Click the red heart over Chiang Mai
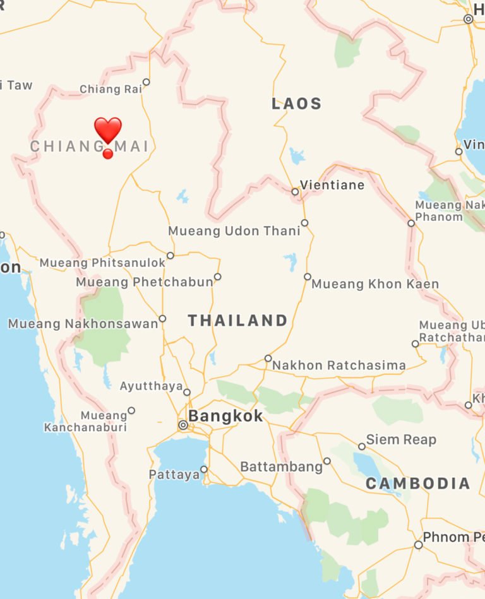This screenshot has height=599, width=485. point(108,130)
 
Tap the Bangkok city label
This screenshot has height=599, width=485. point(225,417)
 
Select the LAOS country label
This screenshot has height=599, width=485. point(297,104)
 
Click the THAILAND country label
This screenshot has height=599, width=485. point(238,321)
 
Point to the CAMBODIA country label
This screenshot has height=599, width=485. point(418,484)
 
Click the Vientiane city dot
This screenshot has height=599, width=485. point(295,191)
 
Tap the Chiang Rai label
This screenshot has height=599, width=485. point(111,90)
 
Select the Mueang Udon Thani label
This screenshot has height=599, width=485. point(234,231)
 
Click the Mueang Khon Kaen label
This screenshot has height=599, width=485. point(375,284)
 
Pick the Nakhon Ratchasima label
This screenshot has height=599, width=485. point(339,365)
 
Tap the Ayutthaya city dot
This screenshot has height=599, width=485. point(187,392)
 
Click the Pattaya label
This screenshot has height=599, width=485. point(174,475)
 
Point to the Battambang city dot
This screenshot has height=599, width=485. point(327,461)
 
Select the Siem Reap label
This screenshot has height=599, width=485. point(401,440)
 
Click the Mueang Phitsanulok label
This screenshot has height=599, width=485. point(102,262)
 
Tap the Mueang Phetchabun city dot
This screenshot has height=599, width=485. point(218,276)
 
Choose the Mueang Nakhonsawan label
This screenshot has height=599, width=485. point(83,324)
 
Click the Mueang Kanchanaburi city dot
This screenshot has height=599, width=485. point(131,410)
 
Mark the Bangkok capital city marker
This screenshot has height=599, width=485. point(183,425)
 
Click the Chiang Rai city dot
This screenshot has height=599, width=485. point(147,82)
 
